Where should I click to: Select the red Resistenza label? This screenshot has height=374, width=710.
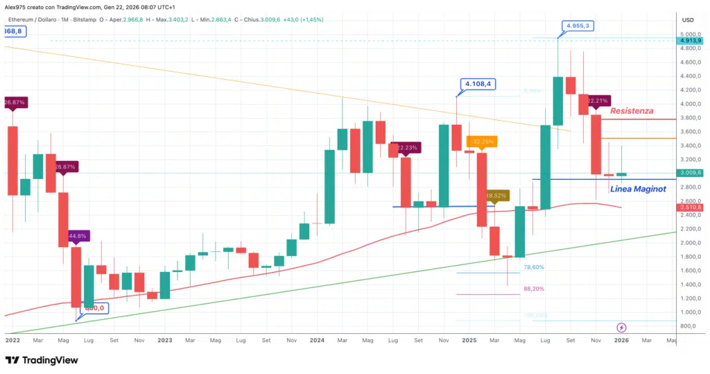pyautogui.click(x=631, y=110)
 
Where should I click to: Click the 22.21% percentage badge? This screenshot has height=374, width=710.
pyautogui.click(x=597, y=101)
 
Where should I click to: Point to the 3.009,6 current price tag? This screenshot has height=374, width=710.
pyautogui.click(x=691, y=173)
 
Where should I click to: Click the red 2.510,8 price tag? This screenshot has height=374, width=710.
pyautogui.click(x=691, y=207)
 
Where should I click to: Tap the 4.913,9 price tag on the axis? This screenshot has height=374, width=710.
pyautogui.click(x=691, y=40)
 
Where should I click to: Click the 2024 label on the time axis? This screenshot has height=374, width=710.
pyautogui.click(x=317, y=341)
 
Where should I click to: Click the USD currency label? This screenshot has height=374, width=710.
pyautogui.click(x=688, y=19)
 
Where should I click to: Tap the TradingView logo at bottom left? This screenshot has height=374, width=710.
pyautogui.click(x=42, y=360)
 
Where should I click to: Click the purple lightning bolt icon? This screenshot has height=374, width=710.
pyautogui.click(x=622, y=327)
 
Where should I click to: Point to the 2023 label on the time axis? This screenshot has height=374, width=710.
pyautogui.click(x=164, y=341)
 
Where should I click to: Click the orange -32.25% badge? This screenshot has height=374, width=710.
pyautogui.click(x=481, y=142)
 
